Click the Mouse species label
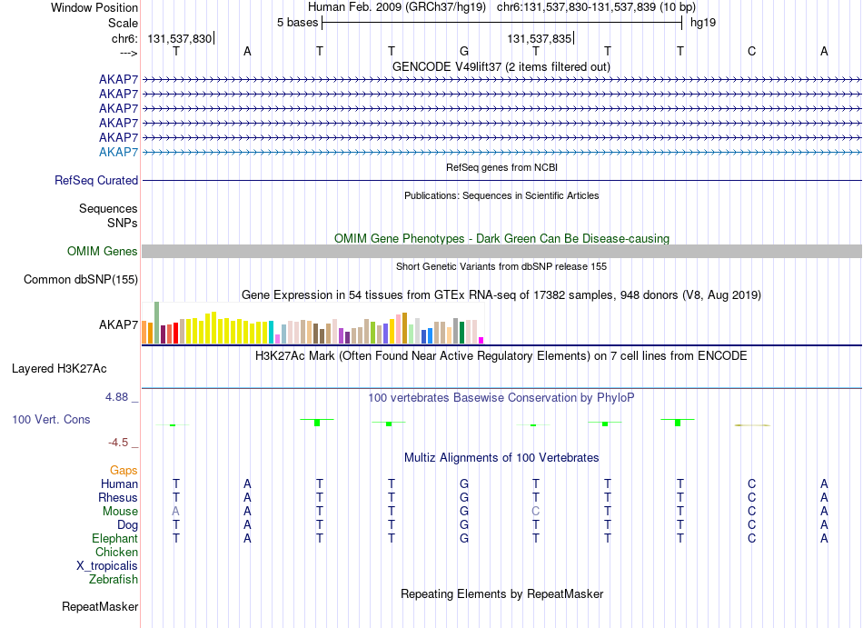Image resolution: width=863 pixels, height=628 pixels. coord(120,512)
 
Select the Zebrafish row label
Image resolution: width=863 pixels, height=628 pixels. coord(114,580)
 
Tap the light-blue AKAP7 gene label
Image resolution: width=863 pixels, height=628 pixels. coord(118,152)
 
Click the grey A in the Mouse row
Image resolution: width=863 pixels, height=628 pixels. coord(175,512)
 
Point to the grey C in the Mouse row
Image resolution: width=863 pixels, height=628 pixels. coord(536,512)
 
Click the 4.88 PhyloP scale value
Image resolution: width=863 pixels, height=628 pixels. coord(116,397)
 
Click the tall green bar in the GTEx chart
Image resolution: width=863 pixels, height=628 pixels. coord(157,323)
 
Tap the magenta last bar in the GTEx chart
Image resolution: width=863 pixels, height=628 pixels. coord(481,341)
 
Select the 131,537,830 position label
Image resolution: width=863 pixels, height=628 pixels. coord(180,38)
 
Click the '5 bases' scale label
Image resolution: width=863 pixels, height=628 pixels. coord(297,23)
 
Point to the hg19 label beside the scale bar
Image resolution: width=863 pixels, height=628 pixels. coord(703,23)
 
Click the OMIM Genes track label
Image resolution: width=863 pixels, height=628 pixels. coord(103,252)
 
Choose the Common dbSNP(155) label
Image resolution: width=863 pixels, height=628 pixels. coord(81,280)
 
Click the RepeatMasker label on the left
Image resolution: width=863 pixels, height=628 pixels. coord(100,606)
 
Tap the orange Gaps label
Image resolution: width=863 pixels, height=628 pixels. coord(124,471)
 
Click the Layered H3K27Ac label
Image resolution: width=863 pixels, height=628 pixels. coord(59,369)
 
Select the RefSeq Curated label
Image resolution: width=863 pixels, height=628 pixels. coord(96,181)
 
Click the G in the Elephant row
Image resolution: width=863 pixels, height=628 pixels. coord(464,538)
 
